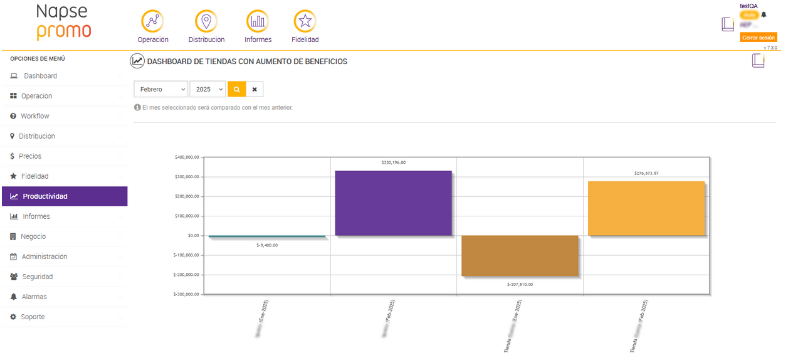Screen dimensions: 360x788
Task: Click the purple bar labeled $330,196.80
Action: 393,203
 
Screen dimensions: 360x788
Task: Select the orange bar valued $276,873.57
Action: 646,208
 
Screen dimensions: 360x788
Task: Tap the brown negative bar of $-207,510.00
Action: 520,255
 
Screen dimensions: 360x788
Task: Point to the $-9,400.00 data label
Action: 267,245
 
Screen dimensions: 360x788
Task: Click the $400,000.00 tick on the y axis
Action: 187,157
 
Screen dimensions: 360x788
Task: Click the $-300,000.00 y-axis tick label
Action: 187,294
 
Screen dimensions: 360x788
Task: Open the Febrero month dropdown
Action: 161,90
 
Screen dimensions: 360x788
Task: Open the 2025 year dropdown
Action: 208,90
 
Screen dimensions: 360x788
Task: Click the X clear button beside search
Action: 255,90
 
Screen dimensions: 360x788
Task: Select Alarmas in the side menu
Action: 34,297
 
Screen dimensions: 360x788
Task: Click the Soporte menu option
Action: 33,317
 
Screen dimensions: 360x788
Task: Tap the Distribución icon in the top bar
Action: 206,22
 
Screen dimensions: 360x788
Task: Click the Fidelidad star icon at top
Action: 305,22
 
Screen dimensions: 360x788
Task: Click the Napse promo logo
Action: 63,22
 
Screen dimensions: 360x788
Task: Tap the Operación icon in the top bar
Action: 152,22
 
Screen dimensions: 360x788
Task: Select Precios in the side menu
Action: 30,156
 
